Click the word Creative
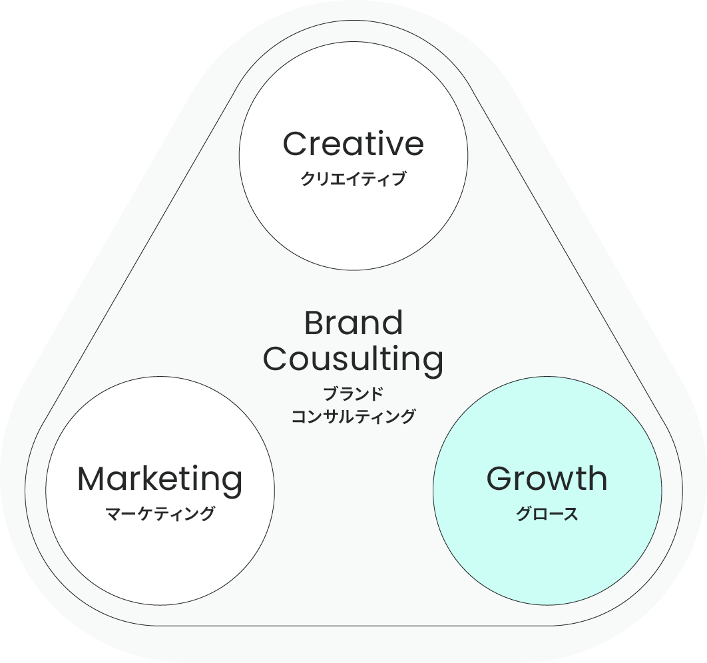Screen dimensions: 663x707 tap(353, 144)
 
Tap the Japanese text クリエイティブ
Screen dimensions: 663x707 tap(353, 179)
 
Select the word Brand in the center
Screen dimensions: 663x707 tap(353, 324)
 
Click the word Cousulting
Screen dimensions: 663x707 tap(353, 359)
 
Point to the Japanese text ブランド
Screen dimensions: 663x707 tap(353, 394)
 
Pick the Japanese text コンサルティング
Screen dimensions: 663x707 tap(353, 417)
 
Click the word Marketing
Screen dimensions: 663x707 tap(160, 480)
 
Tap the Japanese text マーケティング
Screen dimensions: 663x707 tap(160, 514)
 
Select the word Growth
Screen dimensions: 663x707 tap(547, 479)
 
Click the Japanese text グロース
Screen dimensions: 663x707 tap(547, 514)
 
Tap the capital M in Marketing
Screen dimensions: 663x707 tap(92, 479)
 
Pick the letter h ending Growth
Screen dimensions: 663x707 tap(597, 479)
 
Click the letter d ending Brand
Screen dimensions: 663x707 tap(393, 324)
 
